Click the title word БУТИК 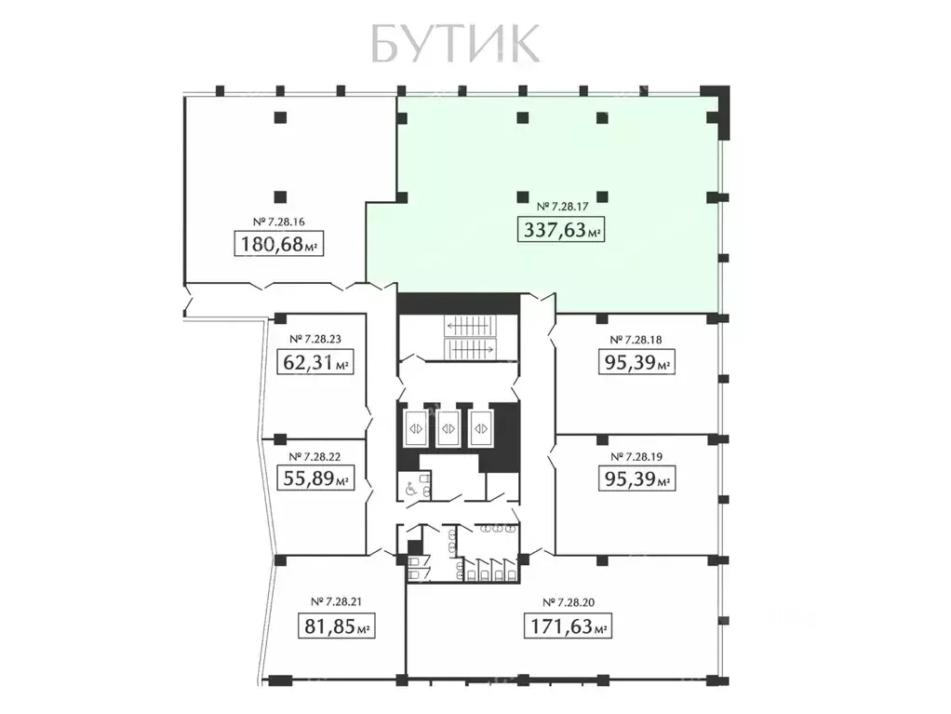(454, 43)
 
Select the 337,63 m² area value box (561, 229)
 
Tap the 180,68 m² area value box (280, 245)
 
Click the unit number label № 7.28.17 (561, 206)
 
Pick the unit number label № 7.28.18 (635, 339)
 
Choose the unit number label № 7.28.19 (635, 456)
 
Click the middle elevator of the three (449, 428)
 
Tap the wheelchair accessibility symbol (409, 486)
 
